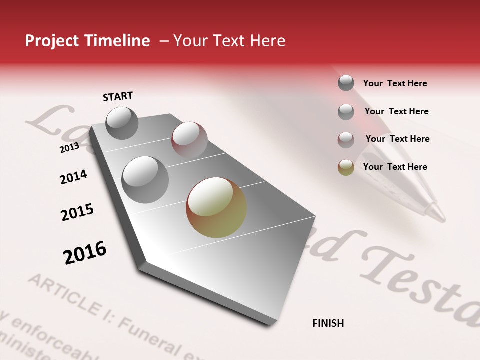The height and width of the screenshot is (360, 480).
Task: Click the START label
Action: (x=118, y=96)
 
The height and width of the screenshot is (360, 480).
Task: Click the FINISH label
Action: (x=328, y=323)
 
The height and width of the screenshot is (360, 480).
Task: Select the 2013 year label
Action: (x=69, y=148)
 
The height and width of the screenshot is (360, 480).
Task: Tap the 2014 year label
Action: (x=73, y=177)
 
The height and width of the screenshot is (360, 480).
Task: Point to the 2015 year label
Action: (x=77, y=212)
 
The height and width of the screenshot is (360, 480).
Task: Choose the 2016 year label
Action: (x=85, y=252)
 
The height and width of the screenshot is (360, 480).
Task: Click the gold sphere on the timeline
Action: (x=216, y=207)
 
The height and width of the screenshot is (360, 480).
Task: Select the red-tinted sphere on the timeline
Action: (x=189, y=139)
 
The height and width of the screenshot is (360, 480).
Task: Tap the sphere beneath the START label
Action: (x=122, y=123)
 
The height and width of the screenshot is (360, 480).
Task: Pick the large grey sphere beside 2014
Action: (x=145, y=179)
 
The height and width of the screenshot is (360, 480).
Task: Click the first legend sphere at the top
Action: (x=346, y=83)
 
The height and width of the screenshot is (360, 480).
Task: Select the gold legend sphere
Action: (x=346, y=167)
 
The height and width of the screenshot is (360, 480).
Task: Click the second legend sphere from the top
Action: (x=346, y=112)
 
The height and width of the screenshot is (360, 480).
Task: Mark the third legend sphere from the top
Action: (x=346, y=140)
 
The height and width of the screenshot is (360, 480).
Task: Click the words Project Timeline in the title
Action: (x=87, y=41)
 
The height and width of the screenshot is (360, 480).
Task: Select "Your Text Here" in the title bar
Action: (x=229, y=41)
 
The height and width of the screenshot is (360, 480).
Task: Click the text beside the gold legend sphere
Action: (x=395, y=167)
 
